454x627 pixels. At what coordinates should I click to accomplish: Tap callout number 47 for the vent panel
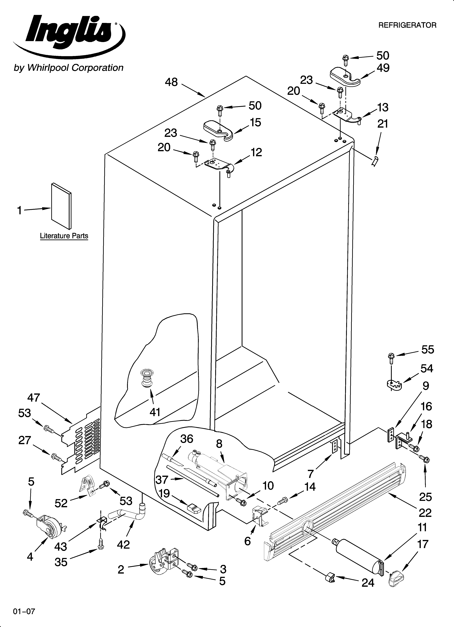point(34,398)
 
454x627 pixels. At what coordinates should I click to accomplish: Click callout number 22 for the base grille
point(425,513)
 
